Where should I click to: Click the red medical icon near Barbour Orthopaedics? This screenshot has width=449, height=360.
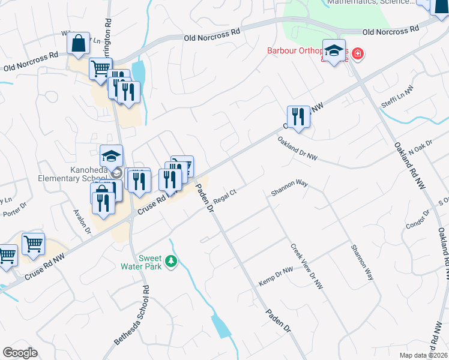click(358, 54)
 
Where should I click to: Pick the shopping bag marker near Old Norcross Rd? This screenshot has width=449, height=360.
click(79, 44)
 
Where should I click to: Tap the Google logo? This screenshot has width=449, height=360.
click(20, 353)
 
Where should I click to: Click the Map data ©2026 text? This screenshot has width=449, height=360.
click(423, 355)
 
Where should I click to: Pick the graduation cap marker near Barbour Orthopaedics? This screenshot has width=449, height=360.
click(334, 50)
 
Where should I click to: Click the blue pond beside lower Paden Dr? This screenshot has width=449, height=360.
click(221, 326)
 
